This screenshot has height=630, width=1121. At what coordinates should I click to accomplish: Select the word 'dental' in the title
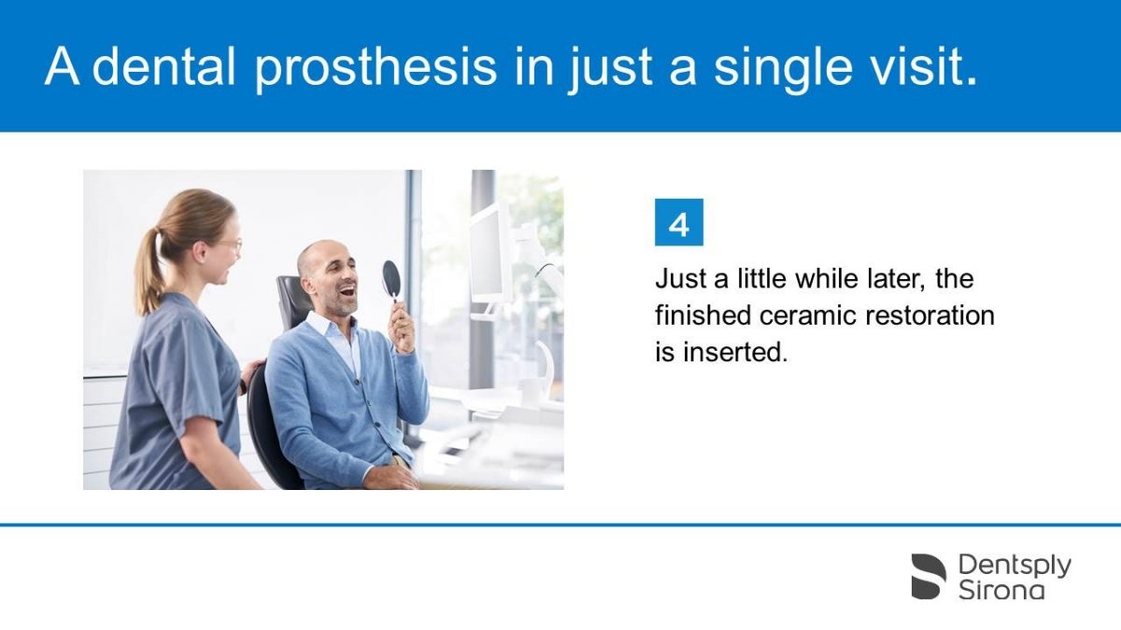coord(163,66)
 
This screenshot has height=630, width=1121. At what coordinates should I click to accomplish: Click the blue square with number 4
coord(678,222)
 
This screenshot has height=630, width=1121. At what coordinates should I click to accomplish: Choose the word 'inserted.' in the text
coord(736,352)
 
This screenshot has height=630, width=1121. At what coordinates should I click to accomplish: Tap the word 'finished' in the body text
coord(703,315)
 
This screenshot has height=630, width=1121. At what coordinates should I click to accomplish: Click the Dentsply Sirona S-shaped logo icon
coord(929,576)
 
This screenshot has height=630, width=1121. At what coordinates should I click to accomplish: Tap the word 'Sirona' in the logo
coord(1001,591)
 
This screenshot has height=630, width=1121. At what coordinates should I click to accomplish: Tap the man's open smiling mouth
coord(347,290)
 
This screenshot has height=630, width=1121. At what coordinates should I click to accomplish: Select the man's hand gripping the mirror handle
coord(403,327)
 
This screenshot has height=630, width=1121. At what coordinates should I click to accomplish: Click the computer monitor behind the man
coord(487,255)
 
